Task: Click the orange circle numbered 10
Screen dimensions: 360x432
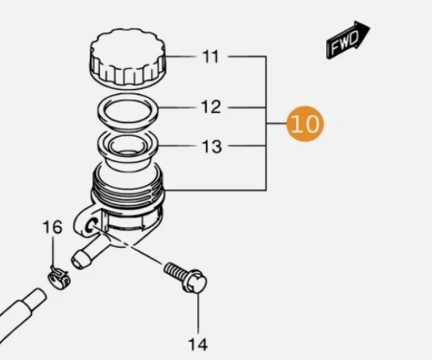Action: pos(305,125)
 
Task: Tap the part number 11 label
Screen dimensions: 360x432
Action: pos(210,56)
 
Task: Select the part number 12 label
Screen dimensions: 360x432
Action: pos(210,107)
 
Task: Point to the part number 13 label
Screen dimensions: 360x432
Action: pos(212,147)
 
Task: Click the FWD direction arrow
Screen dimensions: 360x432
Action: pos(348,42)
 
